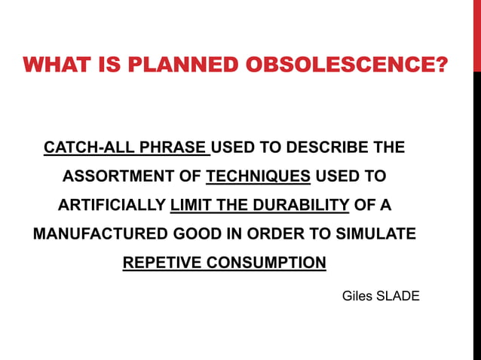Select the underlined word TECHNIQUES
point(259,177)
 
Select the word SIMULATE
point(375,234)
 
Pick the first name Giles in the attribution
point(357,296)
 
